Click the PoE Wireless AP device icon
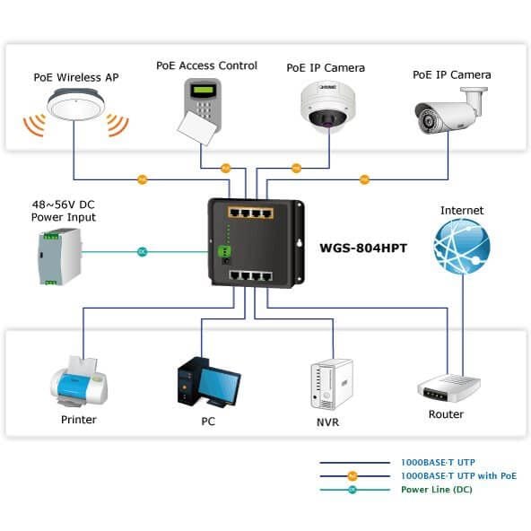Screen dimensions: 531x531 point(76,106)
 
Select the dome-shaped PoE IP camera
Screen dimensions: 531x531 point(328,104)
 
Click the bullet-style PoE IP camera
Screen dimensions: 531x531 point(451,110)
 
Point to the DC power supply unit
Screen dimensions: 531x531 point(60,257)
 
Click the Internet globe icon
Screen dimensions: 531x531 point(462,246)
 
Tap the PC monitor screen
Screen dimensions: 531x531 point(219,385)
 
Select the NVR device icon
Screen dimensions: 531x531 point(332,385)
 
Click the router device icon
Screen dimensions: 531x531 point(448,388)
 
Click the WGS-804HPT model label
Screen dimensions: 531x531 point(363,248)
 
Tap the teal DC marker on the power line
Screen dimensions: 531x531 point(143,252)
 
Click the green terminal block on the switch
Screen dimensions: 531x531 point(224,251)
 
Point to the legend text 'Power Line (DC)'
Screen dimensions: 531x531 point(436,490)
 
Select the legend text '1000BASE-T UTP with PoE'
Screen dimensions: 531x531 point(458,475)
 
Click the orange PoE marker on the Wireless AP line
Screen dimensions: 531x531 point(143,179)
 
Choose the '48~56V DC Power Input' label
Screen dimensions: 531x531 point(64,211)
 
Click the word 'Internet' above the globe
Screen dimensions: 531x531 point(462,210)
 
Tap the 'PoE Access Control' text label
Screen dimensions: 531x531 point(206,65)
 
